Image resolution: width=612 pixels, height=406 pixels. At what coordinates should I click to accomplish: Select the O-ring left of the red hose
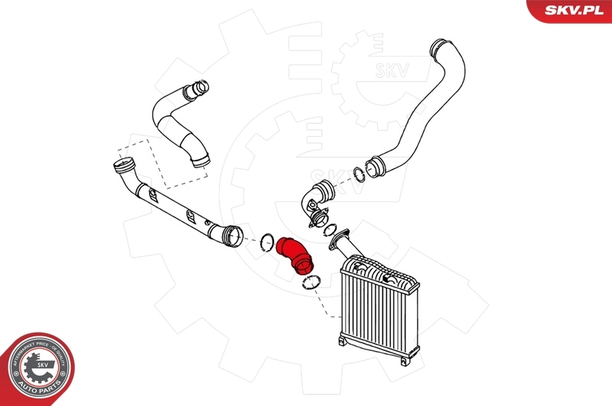tap(266, 241)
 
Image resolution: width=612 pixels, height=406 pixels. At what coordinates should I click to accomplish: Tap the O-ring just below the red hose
tap(311, 283)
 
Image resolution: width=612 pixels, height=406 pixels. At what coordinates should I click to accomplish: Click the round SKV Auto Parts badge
tap(37, 369)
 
